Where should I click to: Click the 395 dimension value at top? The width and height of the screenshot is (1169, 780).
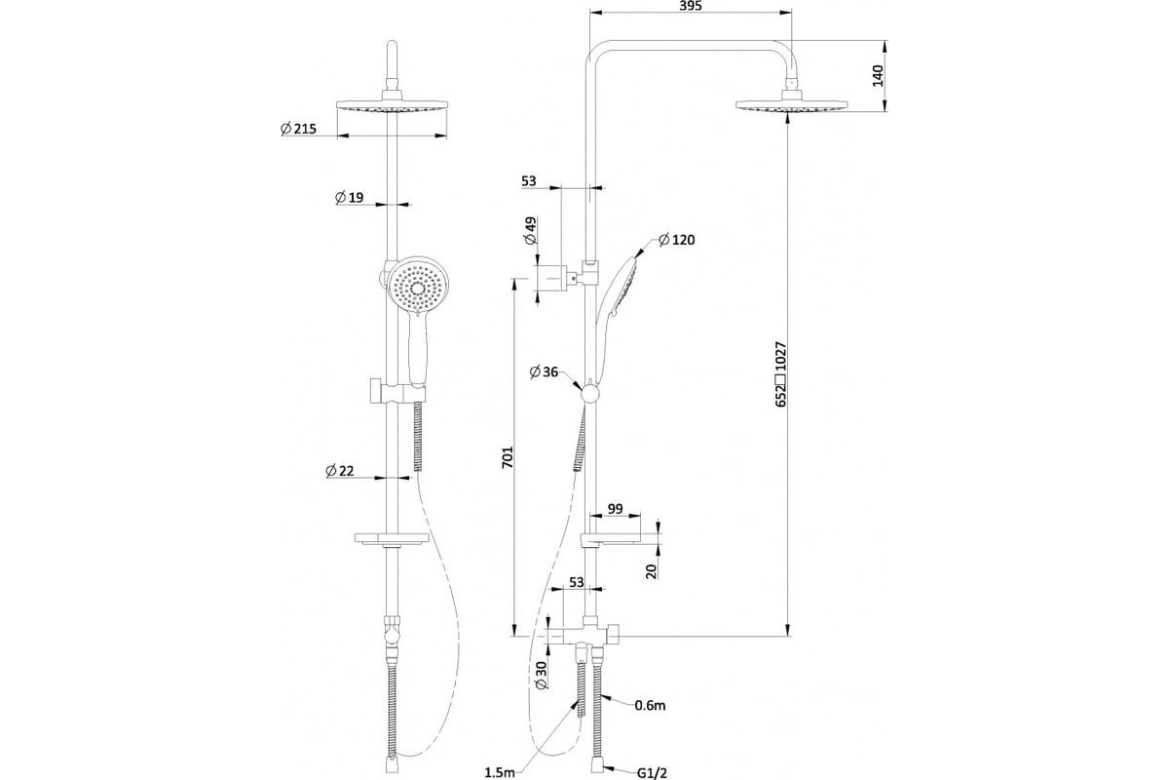tap(692, 6)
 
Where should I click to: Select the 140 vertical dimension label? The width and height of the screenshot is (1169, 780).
tap(879, 76)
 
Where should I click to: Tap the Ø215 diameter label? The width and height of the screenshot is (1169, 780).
tap(298, 128)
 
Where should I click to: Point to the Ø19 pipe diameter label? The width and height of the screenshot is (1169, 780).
tap(349, 197)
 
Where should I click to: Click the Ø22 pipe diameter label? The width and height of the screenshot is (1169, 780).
tap(340, 471)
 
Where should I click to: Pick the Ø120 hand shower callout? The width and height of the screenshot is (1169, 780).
tap(677, 240)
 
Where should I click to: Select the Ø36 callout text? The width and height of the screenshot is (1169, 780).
tap(544, 372)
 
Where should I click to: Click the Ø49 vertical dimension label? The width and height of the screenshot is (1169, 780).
tap(531, 230)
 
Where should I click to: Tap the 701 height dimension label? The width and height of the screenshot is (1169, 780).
tap(508, 457)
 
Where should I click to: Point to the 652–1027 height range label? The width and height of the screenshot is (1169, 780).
tap(780, 374)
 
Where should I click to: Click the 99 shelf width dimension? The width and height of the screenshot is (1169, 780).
tap(616, 508)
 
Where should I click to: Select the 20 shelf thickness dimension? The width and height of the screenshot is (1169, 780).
tap(652, 571)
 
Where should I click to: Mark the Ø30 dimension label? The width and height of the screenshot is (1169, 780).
tap(542, 675)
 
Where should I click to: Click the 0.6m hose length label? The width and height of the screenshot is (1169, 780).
tap(651, 706)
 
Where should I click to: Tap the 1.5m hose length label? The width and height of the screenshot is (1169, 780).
tap(500, 772)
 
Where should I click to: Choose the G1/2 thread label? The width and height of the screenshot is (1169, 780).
tap(653, 773)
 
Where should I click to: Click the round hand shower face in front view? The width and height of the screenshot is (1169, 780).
tap(418, 288)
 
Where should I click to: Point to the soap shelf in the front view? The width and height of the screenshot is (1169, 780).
tap(392, 537)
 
